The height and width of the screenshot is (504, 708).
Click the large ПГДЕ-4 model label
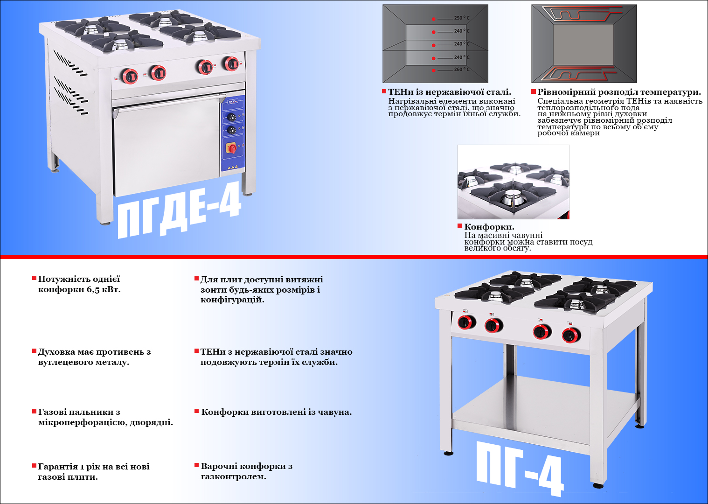point(180,210)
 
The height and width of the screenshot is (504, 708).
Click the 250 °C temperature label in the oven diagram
point(462,18)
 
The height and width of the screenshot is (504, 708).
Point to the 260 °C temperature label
point(462,70)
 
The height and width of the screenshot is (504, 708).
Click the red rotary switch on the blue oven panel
point(232,148)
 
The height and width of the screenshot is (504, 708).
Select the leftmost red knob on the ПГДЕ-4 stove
point(130,76)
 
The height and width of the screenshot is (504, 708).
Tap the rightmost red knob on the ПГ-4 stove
point(571,335)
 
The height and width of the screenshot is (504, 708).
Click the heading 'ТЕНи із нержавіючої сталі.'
point(450,92)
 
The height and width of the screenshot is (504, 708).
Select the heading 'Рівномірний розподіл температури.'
point(619,92)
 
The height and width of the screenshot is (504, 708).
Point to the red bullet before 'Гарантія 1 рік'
point(34,466)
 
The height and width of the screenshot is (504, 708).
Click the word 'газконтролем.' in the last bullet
point(233,476)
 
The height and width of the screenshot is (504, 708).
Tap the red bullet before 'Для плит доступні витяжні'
point(196,279)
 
